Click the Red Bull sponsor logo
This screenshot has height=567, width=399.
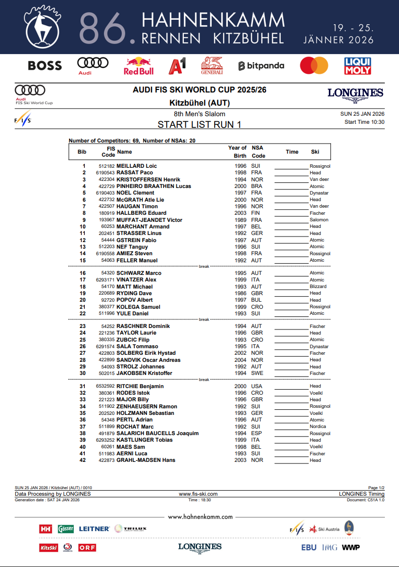coord(138,66)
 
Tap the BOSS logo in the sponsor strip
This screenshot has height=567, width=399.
coord(45,66)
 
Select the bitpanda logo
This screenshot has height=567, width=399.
coord(261,66)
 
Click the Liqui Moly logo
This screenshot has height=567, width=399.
coord(358,66)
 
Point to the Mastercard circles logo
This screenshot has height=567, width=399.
coord(314,66)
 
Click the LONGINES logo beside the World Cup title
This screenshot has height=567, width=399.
coord(355,93)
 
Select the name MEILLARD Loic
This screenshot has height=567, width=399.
coord(136,166)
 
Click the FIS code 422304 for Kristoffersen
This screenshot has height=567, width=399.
coord(107,179)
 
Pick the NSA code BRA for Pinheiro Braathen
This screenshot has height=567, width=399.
coord(257,186)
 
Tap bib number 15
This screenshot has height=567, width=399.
coord(83,260)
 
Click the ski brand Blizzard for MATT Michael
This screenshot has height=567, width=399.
coord(318,287)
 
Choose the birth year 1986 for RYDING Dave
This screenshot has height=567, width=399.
coord(240,293)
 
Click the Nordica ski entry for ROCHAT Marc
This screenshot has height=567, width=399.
coord(318,427)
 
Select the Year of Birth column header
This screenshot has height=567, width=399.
coord(237,152)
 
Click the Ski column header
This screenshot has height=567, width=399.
coord(315,152)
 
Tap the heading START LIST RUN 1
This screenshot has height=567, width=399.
coord(199,124)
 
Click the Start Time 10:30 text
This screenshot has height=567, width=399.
coord(364,122)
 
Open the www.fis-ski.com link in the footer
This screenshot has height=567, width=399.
coord(198,494)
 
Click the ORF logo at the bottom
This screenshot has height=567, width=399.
coord(87,547)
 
